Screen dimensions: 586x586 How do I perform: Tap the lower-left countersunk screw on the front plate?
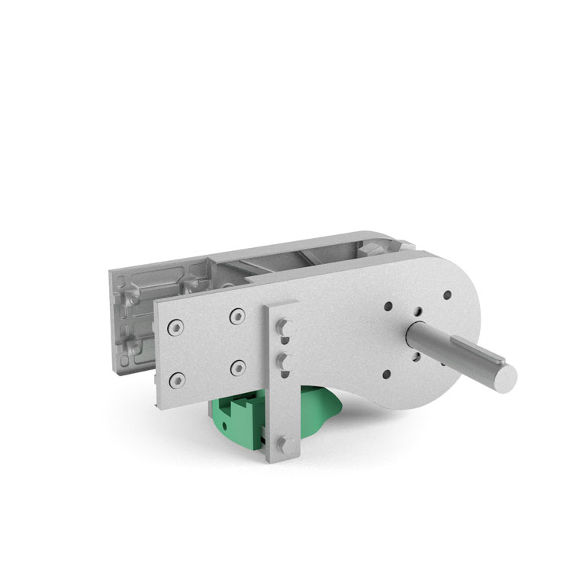click(x=177, y=378)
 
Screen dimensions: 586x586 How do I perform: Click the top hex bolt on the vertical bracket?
click(x=282, y=328)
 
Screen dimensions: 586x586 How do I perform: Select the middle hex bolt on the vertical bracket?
click(x=283, y=359)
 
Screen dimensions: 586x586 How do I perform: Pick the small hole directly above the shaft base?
click(x=417, y=311)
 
